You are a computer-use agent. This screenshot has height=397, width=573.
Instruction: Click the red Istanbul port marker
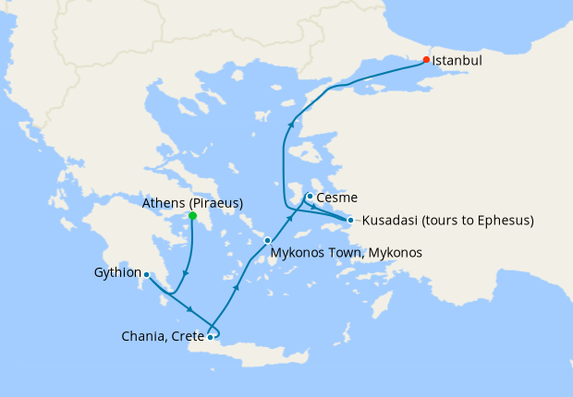pyautogui.click(x=426, y=60)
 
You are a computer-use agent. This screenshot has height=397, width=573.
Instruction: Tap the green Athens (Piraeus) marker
pyautogui.click(x=192, y=216)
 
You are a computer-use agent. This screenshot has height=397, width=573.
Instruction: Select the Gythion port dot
pyautogui.click(x=146, y=274)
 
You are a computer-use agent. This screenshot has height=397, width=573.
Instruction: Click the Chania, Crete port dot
pyautogui.click(x=211, y=337)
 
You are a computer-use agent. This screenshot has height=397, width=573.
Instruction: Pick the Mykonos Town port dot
pyautogui.click(x=267, y=240)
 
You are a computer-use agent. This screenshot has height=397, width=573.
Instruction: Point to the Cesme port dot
pyautogui.click(x=309, y=196)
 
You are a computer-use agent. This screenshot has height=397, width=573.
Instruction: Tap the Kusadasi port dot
pyautogui.click(x=350, y=220)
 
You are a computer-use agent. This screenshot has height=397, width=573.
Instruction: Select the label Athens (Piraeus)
pyautogui.click(x=192, y=202)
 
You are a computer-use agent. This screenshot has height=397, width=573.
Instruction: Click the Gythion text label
pyautogui.click(x=117, y=273)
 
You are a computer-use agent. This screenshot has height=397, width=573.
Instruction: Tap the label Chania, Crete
pyautogui.click(x=162, y=337)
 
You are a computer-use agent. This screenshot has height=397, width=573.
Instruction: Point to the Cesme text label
pyautogui.click(x=336, y=198)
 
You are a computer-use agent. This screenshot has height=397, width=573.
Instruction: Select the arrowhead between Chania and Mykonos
pyautogui.click(x=236, y=287)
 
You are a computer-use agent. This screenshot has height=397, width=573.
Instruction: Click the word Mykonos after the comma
pyautogui.click(x=393, y=252)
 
